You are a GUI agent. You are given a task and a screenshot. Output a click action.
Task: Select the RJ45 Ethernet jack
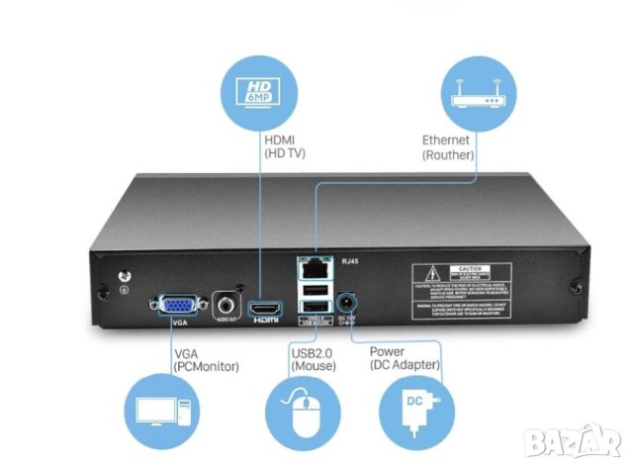pos(314,265)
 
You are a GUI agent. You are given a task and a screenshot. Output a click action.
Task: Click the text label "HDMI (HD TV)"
pos(284,147)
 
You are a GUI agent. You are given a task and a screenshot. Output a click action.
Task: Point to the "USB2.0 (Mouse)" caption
pos(315,358)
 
